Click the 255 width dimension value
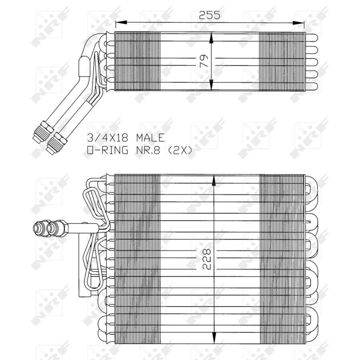tap(209, 15)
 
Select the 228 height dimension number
tap(207, 259)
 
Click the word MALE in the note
tap(151, 138)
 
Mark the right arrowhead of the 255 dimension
tap(298, 22)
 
